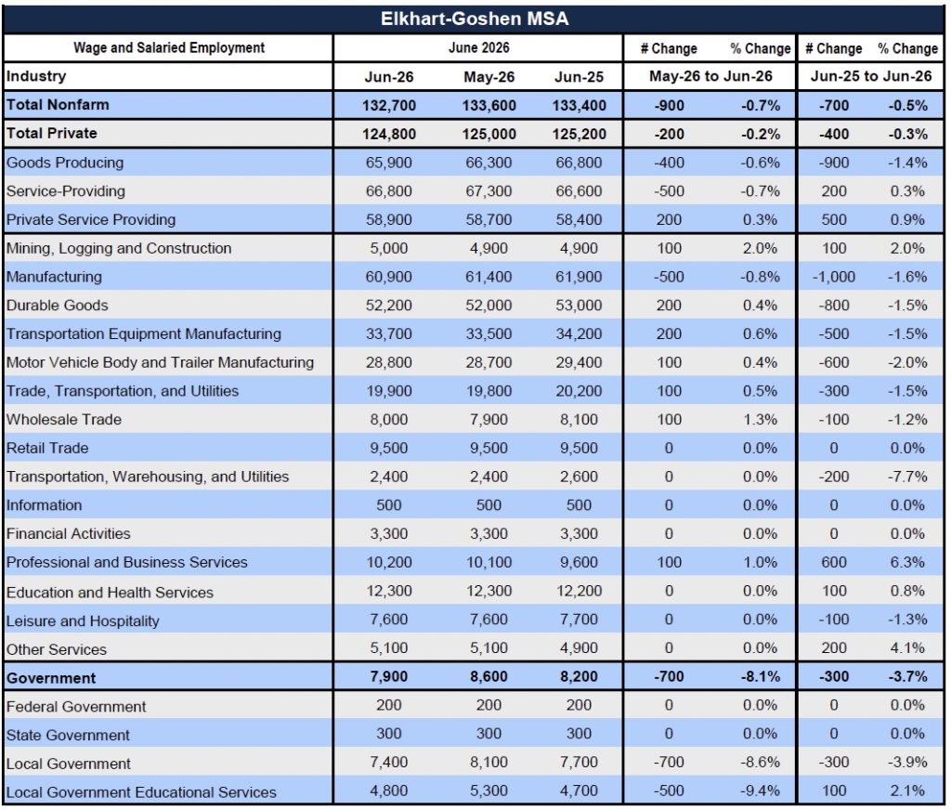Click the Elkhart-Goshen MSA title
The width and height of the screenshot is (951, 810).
tap(475, 19)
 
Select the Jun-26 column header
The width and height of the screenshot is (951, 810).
tap(389, 77)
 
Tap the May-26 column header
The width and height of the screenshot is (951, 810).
tap(489, 77)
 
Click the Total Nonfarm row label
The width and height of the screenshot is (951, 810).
tap(58, 105)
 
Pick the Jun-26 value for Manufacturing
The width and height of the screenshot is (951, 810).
tap(389, 278)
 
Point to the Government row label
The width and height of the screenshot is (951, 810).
tap(51, 678)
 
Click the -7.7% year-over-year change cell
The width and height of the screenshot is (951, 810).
tap(907, 477)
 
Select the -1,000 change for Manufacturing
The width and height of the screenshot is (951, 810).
tap(834, 278)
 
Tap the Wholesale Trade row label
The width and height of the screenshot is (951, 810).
tap(64, 420)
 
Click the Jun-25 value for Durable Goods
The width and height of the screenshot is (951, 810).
tap(580, 306)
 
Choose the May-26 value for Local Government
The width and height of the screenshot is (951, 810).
tap(489, 763)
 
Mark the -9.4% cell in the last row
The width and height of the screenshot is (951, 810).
tap(760, 791)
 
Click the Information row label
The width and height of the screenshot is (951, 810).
tap(44, 505)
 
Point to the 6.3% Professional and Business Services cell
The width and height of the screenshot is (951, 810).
tap(907, 563)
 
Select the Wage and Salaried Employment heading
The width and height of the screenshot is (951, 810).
tap(169, 48)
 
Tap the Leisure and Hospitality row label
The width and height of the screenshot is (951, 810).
tap(83, 621)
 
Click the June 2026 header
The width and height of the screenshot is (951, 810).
tap(478, 48)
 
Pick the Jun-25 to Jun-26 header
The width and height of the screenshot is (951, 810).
tap(871, 76)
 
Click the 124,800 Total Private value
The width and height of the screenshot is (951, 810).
tap(389, 134)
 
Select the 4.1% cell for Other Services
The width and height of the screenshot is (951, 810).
tap(907, 648)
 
